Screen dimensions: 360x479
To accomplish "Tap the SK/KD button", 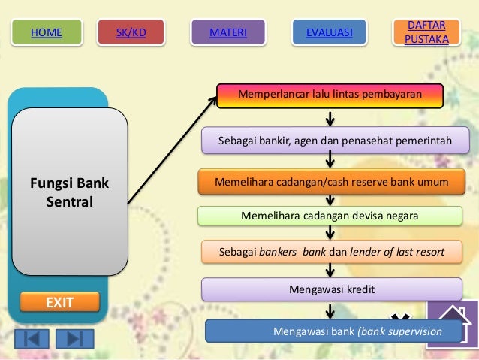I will (131, 32).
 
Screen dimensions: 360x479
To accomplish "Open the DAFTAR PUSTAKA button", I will (426, 32).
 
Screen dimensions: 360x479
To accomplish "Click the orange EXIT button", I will (59, 302).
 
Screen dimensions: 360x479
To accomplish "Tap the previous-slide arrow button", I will (32, 338).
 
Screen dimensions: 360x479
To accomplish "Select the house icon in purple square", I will (451, 323).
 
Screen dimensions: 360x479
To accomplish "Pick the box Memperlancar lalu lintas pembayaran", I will (330, 95).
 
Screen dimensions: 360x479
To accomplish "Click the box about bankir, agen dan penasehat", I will (334, 140).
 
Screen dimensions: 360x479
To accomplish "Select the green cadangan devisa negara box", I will (330, 216).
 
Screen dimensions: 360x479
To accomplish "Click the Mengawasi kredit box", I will (331, 289).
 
